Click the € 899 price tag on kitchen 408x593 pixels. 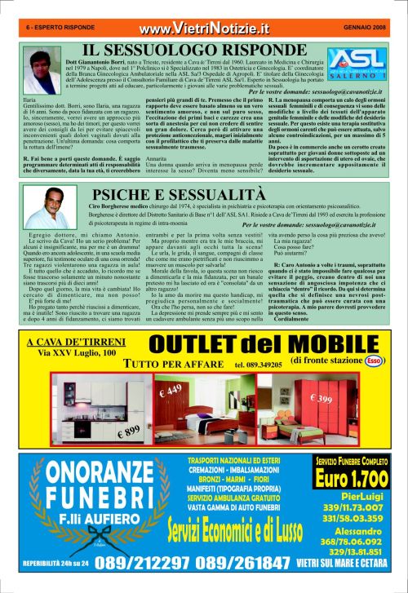point(129,431)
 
